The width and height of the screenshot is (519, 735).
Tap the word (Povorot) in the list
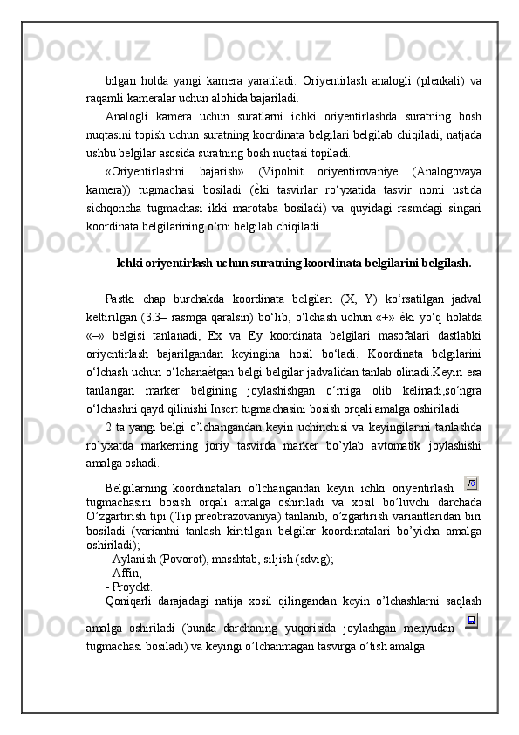tap(176, 557)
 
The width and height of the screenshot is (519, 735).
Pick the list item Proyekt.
tap(132, 587)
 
